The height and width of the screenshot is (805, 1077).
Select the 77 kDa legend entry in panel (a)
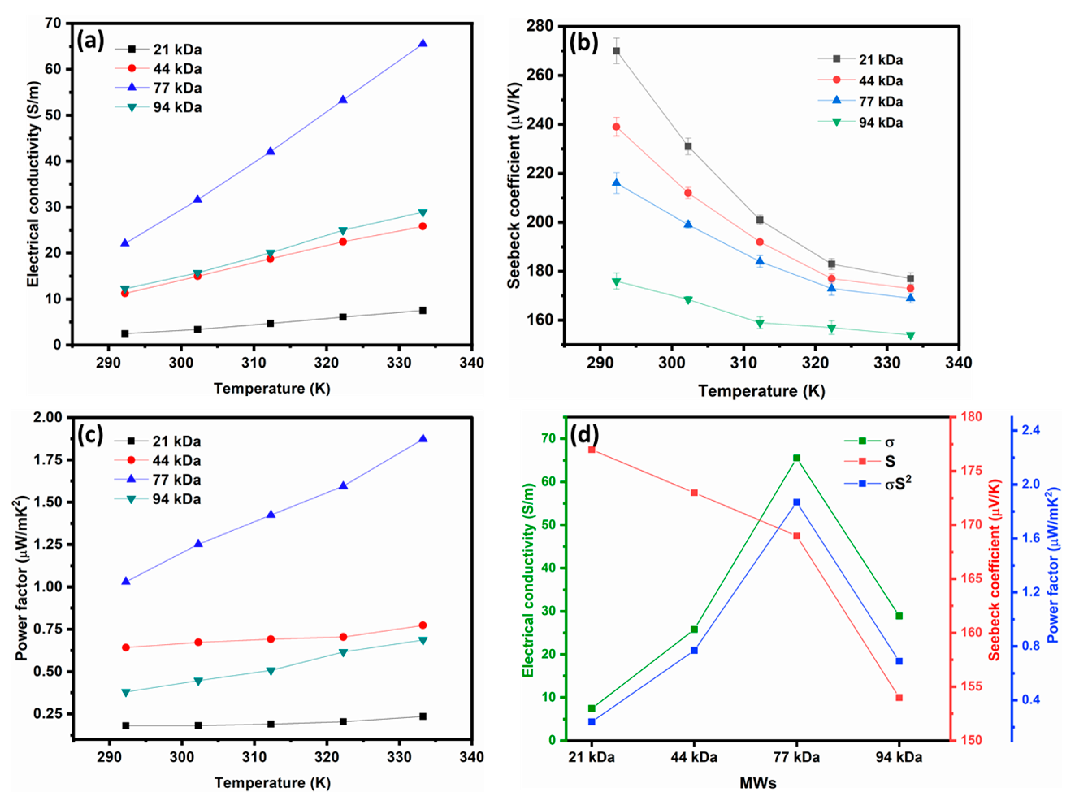coord(177,88)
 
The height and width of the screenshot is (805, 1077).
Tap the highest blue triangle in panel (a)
coord(423,44)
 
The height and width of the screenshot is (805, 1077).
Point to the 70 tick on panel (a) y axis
coord(52,24)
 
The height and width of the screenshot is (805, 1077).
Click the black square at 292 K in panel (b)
coord(616,51)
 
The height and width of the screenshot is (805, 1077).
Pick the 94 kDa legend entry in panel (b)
coord(880,123)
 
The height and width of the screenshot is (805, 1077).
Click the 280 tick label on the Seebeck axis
coord(540,26)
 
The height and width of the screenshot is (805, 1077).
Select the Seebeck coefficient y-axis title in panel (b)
coord(515,185)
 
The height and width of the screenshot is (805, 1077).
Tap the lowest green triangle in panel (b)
coord(910,335)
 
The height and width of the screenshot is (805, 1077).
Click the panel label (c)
coord(90,435)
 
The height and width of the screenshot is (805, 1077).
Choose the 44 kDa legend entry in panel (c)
coord(176,461)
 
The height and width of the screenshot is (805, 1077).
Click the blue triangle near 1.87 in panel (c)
coord(423,439)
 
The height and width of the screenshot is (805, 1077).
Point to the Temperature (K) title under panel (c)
coord(272,783)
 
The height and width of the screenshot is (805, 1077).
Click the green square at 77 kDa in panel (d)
coord(797,458)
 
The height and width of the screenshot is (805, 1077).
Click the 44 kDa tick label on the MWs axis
coord(694,757)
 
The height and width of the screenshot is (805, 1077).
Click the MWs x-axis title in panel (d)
coord(758,783)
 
